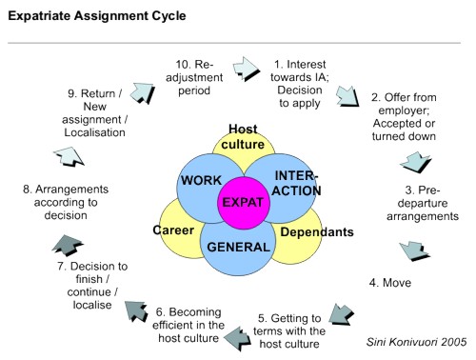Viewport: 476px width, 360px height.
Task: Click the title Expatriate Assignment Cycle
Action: (85, 16)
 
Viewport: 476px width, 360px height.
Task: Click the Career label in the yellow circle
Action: (174, 230)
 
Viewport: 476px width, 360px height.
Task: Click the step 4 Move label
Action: (398, 283)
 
